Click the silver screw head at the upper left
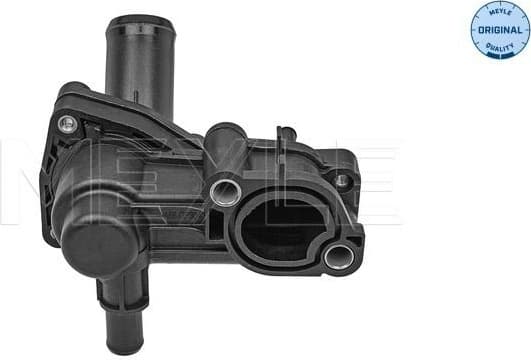(68, 124)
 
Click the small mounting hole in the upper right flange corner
(342, 181)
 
